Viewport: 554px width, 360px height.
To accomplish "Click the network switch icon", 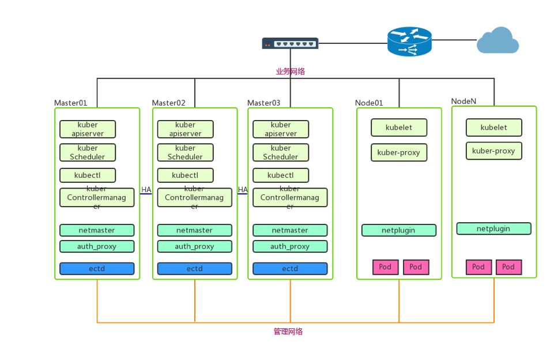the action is pos(290,43).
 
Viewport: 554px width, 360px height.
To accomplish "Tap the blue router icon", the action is pos(409,42).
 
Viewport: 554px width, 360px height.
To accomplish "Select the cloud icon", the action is pos(498,40).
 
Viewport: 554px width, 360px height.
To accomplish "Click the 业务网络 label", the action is pos(291,72).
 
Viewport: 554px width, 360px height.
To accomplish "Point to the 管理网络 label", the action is pos(288,331).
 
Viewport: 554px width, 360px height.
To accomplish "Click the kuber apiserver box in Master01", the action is pos(88,129).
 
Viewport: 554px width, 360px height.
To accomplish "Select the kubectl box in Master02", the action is pos(185,175).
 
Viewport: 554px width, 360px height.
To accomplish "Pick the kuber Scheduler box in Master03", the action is pos(281,152).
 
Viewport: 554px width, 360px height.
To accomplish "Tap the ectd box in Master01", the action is pos(97,268).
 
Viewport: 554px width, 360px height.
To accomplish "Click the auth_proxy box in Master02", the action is pos(195,246).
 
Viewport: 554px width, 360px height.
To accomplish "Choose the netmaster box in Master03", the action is pos(290,230).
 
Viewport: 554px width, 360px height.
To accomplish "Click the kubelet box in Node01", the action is pos(399,127).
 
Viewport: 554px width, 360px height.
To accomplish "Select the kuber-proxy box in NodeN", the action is pos(494,151).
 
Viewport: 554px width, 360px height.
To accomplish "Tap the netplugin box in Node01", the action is pos(399,230).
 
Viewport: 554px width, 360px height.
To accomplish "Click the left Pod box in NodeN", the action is pos(478,267).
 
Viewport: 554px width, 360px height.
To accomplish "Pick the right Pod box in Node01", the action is pos(416,267).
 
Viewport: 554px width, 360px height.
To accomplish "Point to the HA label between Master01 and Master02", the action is pos(146,190).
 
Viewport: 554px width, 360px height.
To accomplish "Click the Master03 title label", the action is pos(263,103).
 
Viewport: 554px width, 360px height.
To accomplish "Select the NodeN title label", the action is pos(463,101).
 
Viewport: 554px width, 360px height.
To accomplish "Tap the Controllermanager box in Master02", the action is pos(195,197).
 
